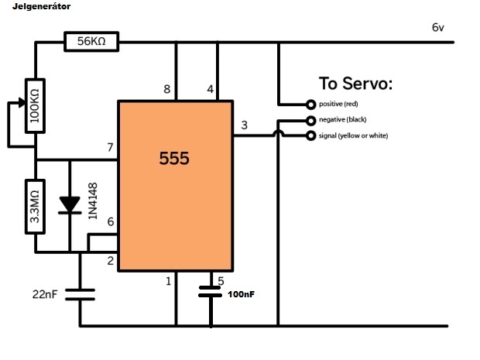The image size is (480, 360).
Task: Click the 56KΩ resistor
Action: pos(91,42)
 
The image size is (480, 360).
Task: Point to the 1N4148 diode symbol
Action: pos(70,204)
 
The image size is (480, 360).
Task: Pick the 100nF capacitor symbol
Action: pos(211,291)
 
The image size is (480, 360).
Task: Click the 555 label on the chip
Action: pos(174,159)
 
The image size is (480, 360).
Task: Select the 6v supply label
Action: pos(438,28)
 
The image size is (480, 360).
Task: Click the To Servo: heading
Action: pos(355,84)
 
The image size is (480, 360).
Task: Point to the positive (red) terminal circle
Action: pos(310,104)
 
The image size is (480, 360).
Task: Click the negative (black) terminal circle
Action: pos(310,120)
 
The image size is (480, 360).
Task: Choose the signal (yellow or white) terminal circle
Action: pos(310,136)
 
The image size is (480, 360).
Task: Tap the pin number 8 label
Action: pos(166,90)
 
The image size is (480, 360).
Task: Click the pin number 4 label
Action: pos(211,90)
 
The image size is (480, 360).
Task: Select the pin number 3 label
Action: pos(245,125)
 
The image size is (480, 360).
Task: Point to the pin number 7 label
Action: pos(110,147)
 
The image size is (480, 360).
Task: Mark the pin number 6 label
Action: pos(110,222)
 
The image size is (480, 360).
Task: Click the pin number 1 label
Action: pos(168,281)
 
